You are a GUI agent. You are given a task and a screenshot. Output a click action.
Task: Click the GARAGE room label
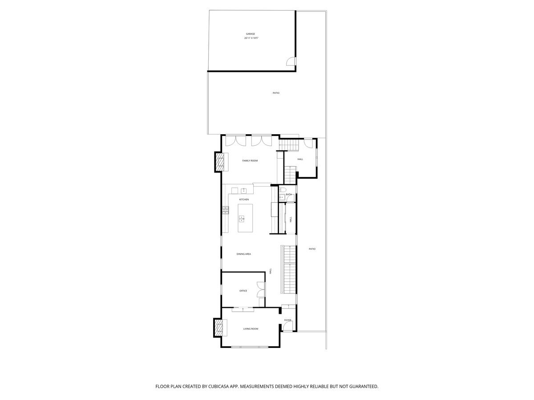pos(251,34)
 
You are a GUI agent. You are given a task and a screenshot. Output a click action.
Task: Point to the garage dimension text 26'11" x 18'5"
pos(251,38)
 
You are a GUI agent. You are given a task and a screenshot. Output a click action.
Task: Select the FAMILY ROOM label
pos(250,160)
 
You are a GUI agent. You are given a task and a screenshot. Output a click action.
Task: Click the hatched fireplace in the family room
pos(220,162)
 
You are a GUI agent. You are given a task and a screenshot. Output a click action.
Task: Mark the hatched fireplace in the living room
pos(219,328)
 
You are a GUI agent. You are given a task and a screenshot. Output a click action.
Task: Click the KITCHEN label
pos(244,200)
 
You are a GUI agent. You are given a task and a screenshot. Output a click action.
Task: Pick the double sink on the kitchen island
pos(242,219)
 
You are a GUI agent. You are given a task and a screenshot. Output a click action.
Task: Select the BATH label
pos(289,194)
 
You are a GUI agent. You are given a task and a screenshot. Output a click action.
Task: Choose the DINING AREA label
pos(244,254)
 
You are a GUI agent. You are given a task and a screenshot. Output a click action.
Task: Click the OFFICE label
pos(243,291)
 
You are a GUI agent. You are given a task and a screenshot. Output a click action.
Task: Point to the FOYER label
pos(288,320)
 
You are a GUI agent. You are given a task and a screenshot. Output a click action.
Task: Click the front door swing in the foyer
pos(288,327)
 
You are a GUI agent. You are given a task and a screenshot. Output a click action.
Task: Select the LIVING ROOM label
pos(251,329)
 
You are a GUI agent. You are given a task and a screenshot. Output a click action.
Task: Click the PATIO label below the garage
pos(276,93)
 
